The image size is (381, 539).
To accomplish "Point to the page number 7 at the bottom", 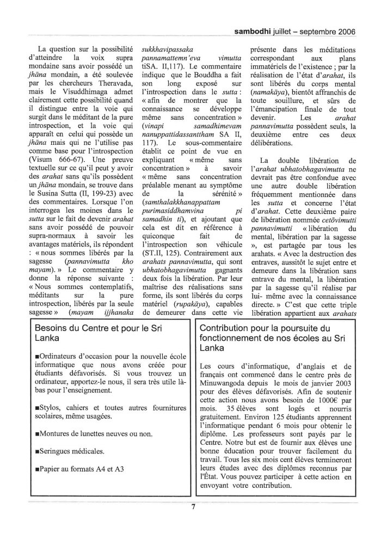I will pos(193,509).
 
